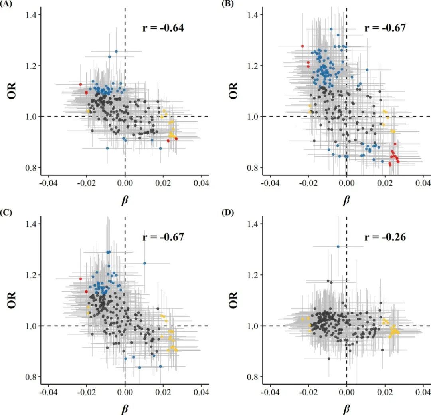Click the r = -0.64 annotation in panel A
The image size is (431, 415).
click(x=163, y=28)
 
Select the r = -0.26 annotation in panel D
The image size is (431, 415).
click(x=385, y=237)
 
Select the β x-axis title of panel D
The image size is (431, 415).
click(x=346, y=408)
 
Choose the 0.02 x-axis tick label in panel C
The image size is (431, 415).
click(x=163, y=393)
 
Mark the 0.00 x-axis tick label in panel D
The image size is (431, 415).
click(x=346, y=393)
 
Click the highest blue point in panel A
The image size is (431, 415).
click(x=116, y=52)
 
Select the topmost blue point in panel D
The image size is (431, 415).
click(x=338, y=246)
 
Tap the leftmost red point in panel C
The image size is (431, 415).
click(x=81, y=279)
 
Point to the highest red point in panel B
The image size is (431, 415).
click(x=302, y=46)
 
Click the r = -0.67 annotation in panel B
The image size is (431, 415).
click(x=385, y=28)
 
